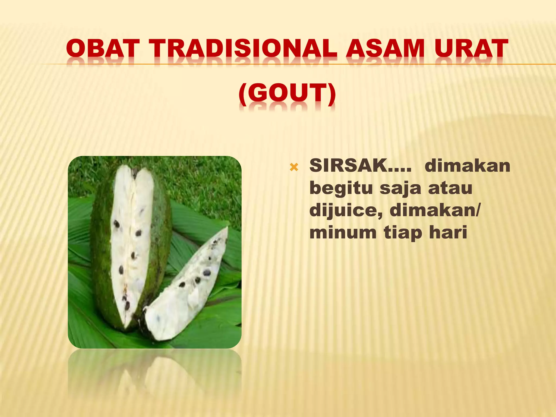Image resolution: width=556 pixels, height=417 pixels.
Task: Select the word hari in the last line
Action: [x=448, y=233]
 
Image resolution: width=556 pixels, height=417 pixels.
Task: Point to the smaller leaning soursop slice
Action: [x=190, y=285]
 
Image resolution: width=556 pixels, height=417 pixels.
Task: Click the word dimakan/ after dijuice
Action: [x=435, y=210]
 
